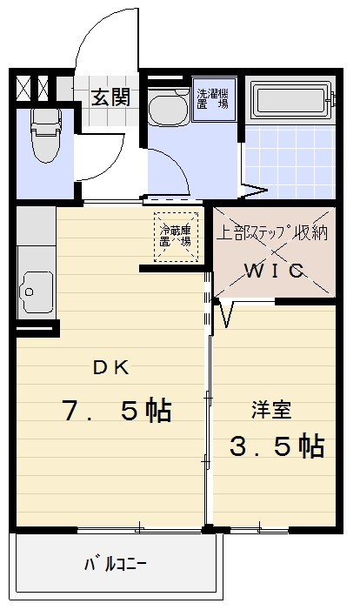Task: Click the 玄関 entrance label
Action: click(x=111, y=97)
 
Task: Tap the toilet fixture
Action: click(x=43, y=135)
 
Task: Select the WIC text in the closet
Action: click(x=273, y=271)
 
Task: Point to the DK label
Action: click(x=111, y=367)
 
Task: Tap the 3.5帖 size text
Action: click(x=277, y=446)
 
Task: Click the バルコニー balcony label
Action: click(x=115, y=563)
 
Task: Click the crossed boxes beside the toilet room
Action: click(x=36, y=87)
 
